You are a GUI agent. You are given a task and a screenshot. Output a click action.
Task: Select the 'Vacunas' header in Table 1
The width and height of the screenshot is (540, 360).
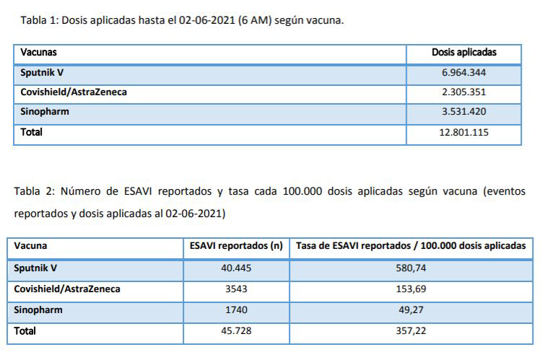(39, 53)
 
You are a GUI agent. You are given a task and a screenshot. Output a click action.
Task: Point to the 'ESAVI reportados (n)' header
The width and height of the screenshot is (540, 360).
(235, 246)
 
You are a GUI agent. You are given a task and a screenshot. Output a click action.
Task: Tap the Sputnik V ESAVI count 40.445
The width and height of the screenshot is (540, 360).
(235, 268)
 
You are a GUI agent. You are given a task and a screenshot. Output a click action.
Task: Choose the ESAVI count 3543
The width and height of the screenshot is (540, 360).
(235, 289)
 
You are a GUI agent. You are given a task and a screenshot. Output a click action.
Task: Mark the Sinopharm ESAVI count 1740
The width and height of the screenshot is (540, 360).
(235, 309)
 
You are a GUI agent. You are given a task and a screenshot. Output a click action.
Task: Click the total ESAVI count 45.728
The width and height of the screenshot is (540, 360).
(235, 331)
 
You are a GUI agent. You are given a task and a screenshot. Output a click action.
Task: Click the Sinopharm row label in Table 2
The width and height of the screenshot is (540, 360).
(38, 309)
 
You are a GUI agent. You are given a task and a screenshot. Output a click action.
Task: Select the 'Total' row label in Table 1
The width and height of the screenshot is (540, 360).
(31, 133)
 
